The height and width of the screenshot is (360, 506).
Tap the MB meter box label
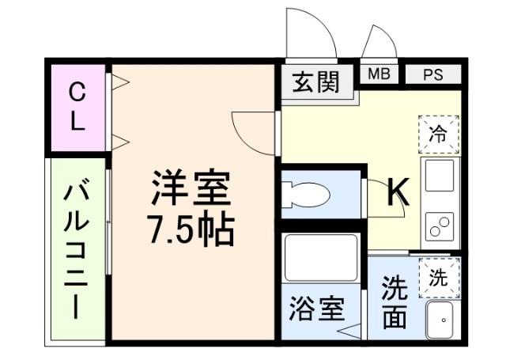tap(379, 74)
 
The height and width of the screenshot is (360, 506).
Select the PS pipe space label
tap(432, 75)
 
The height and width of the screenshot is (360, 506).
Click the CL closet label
tap(77, 108)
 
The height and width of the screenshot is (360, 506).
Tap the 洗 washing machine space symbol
tap(437, 278)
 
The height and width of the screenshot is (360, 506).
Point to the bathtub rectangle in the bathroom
tap(321, 257)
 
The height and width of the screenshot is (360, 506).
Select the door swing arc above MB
tap(379, 44)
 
